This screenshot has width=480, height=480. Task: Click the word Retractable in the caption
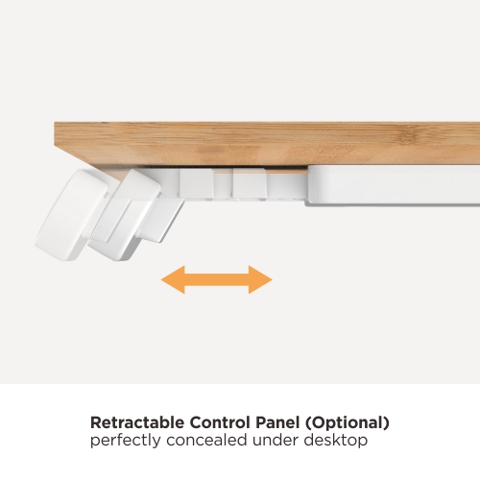137,422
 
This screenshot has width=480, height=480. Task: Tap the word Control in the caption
220,422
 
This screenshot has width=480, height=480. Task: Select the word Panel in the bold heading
277,422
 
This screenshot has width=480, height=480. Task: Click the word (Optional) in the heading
348,423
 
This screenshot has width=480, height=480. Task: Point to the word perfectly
126,441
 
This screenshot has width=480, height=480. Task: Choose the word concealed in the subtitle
206,440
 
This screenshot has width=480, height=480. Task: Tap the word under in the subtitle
276,440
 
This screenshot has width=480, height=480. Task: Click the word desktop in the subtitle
336,441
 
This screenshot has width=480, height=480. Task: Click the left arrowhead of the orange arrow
173,279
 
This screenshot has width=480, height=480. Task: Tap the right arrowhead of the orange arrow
260,279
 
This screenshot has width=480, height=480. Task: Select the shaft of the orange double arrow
217,279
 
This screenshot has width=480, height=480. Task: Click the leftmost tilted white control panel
70,215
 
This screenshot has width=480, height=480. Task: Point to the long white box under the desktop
393,185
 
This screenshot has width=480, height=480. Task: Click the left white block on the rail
197,182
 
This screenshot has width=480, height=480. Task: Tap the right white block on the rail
250,183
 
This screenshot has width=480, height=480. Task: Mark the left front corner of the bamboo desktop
55,123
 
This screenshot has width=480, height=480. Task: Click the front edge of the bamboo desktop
267,144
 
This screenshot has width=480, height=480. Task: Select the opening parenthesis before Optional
308,423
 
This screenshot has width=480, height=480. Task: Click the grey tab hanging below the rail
162,221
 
